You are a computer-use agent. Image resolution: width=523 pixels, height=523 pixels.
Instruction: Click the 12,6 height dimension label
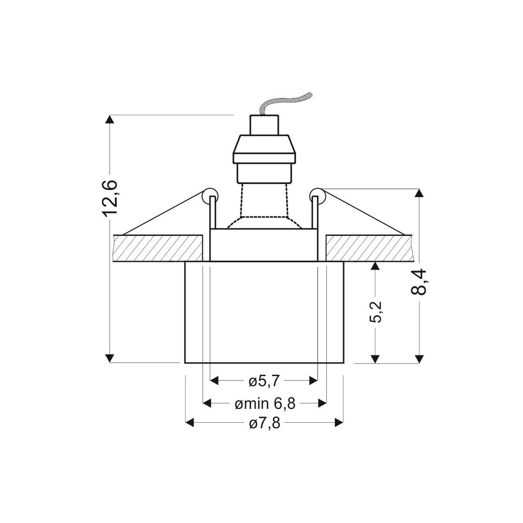(110, 197)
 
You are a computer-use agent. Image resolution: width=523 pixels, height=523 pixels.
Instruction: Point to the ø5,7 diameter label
(264, 381)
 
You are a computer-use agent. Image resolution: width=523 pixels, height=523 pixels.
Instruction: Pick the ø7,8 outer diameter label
(265, 423)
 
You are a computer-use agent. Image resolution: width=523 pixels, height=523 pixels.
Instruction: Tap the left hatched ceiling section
(157, 248)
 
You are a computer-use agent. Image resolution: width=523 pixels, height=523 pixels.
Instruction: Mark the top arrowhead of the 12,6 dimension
(110, 120)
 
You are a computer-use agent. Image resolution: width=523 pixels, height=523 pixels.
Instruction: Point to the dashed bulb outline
(263, 205)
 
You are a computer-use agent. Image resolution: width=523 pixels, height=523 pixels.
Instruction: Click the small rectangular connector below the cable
(264, 125)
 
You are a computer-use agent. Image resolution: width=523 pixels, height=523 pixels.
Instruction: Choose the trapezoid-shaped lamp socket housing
(264, 148)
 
